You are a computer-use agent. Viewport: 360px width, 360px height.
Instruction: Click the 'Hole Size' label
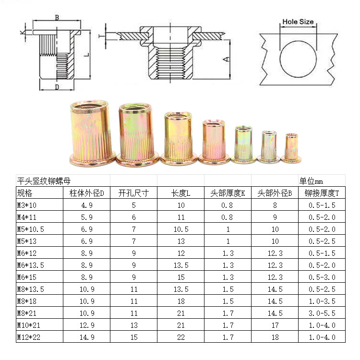(298, 22)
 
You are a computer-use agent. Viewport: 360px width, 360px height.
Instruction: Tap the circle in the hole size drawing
(280, 59)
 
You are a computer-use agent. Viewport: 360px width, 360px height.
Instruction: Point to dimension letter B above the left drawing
(57, 17)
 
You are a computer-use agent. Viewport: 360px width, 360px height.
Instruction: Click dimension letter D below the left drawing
(57, 87)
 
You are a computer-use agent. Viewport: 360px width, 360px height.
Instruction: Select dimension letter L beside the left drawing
(86, 55)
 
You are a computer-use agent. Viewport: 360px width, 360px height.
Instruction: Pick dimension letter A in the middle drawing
(227, 59)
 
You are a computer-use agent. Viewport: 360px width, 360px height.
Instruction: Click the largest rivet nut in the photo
(93, 133)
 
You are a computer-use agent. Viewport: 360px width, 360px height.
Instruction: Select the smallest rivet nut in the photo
(291, 148)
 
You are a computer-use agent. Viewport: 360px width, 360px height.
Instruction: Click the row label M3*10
(26, 205)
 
